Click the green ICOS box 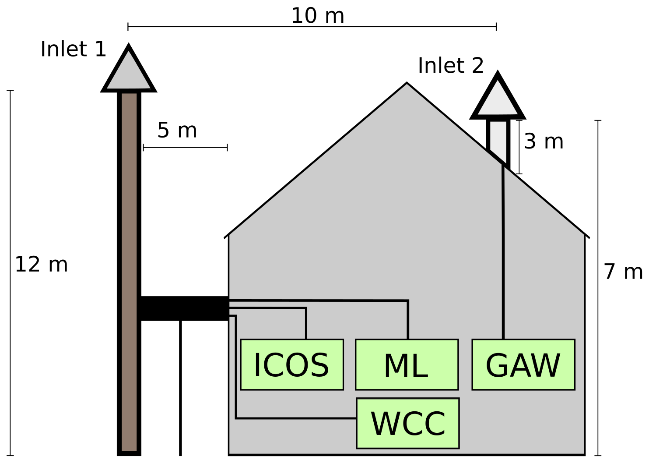(291, 364)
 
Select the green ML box (407, 364)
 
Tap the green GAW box (523, 364)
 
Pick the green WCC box (407, 423)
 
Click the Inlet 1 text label (73, 49)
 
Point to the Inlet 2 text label (451, 66)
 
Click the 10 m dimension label (317, 16)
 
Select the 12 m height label (41, 265)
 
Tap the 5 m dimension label (177, 131)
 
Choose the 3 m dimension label (543, 141)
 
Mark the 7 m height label (623, 272)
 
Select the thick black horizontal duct (184, 308)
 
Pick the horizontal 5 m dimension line (185, 148)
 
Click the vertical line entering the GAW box (503, 263)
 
